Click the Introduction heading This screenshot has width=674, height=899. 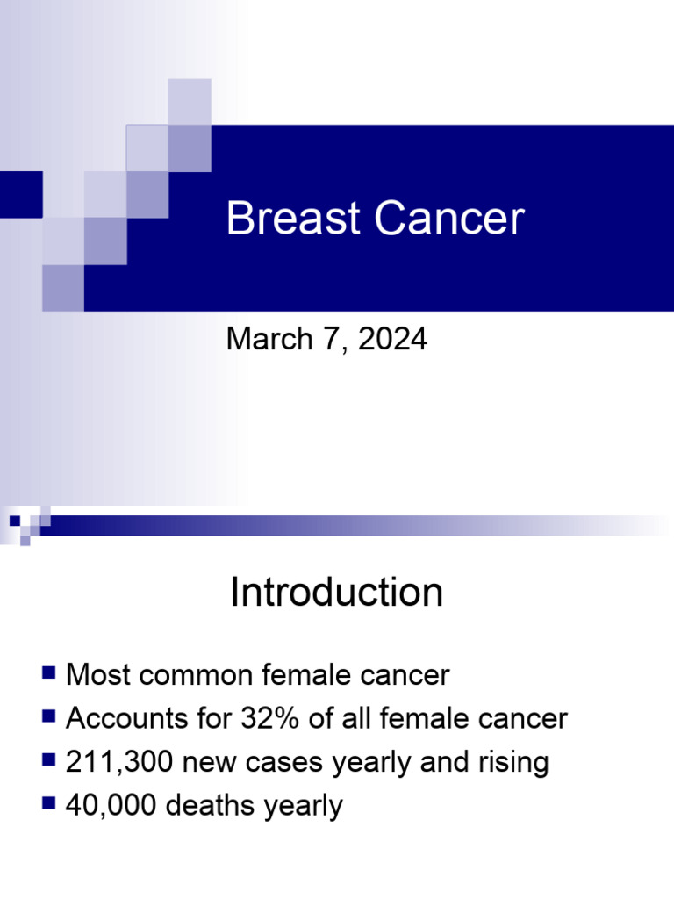[336, 593]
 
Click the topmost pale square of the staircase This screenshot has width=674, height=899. [190, 100]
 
